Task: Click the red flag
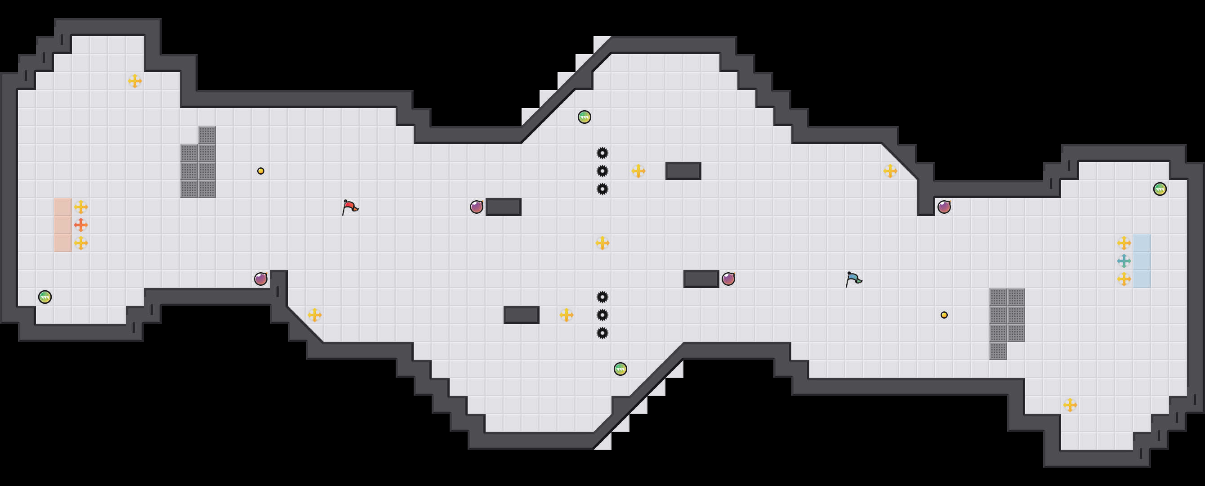[x=349, y=207]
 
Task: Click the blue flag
[x=853, y=279]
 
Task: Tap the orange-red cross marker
[x=81, y=225]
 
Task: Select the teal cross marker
[x=1124, y=261]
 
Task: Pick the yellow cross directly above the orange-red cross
[x=81, y=207]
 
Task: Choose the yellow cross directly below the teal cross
[x=1124, y=279]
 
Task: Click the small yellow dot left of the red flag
[x=260, y=171]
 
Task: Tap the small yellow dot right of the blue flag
[x=944, y=315]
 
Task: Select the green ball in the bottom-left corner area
[x=45, y=297]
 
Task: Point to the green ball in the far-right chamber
[x=1160, y=189]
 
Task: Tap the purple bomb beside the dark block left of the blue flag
[x=728, y=279]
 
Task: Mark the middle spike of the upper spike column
[x=602, y=171]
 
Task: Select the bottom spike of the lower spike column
[x=602, y=333]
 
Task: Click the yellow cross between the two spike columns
[x=602, y=243]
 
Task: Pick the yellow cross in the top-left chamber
[x=135, y=81]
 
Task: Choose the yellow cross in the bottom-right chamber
[x=1070, y=405]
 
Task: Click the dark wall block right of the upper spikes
[x=683, y=171]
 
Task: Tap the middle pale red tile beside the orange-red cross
[x=62, y=225]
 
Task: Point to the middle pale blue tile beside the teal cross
[x=1142, y=261]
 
